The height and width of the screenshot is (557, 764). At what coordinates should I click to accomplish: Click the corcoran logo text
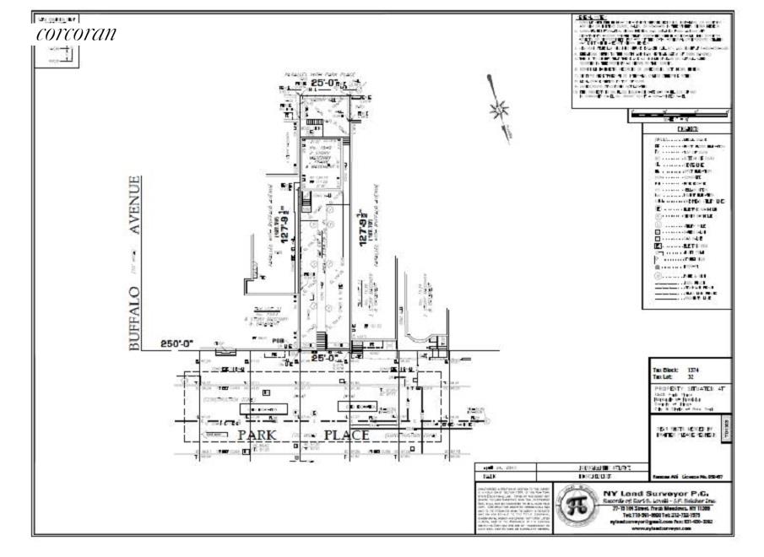pos(76,35)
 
